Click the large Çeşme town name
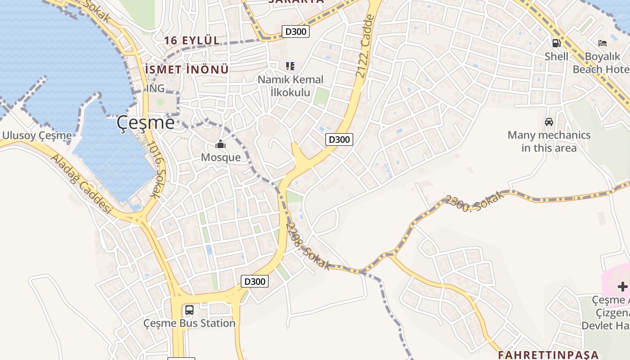(x=145, y=122)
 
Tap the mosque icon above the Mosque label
(x=220, y=144)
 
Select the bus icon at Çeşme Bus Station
(x=189, y=310)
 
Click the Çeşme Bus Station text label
(x=189, y=323)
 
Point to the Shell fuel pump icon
(x=557, y=43)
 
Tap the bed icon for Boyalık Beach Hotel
(x=603, y=43)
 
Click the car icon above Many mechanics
(x=549, y=122)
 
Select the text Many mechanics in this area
(x=549, y=141)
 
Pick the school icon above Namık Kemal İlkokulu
(x=290, y=66)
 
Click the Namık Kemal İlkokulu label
(x=290, y=86)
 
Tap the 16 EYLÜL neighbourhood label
(x=192, y=40)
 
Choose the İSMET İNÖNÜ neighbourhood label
(x=187, y=70)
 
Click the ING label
(x=155, y=89)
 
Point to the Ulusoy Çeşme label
(x=37, y=135)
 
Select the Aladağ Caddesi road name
(x=81, y=184)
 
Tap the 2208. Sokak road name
(x=308, y=246)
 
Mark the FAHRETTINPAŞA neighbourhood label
(x=548, y=355)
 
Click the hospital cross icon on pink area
(x=622, y=287)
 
